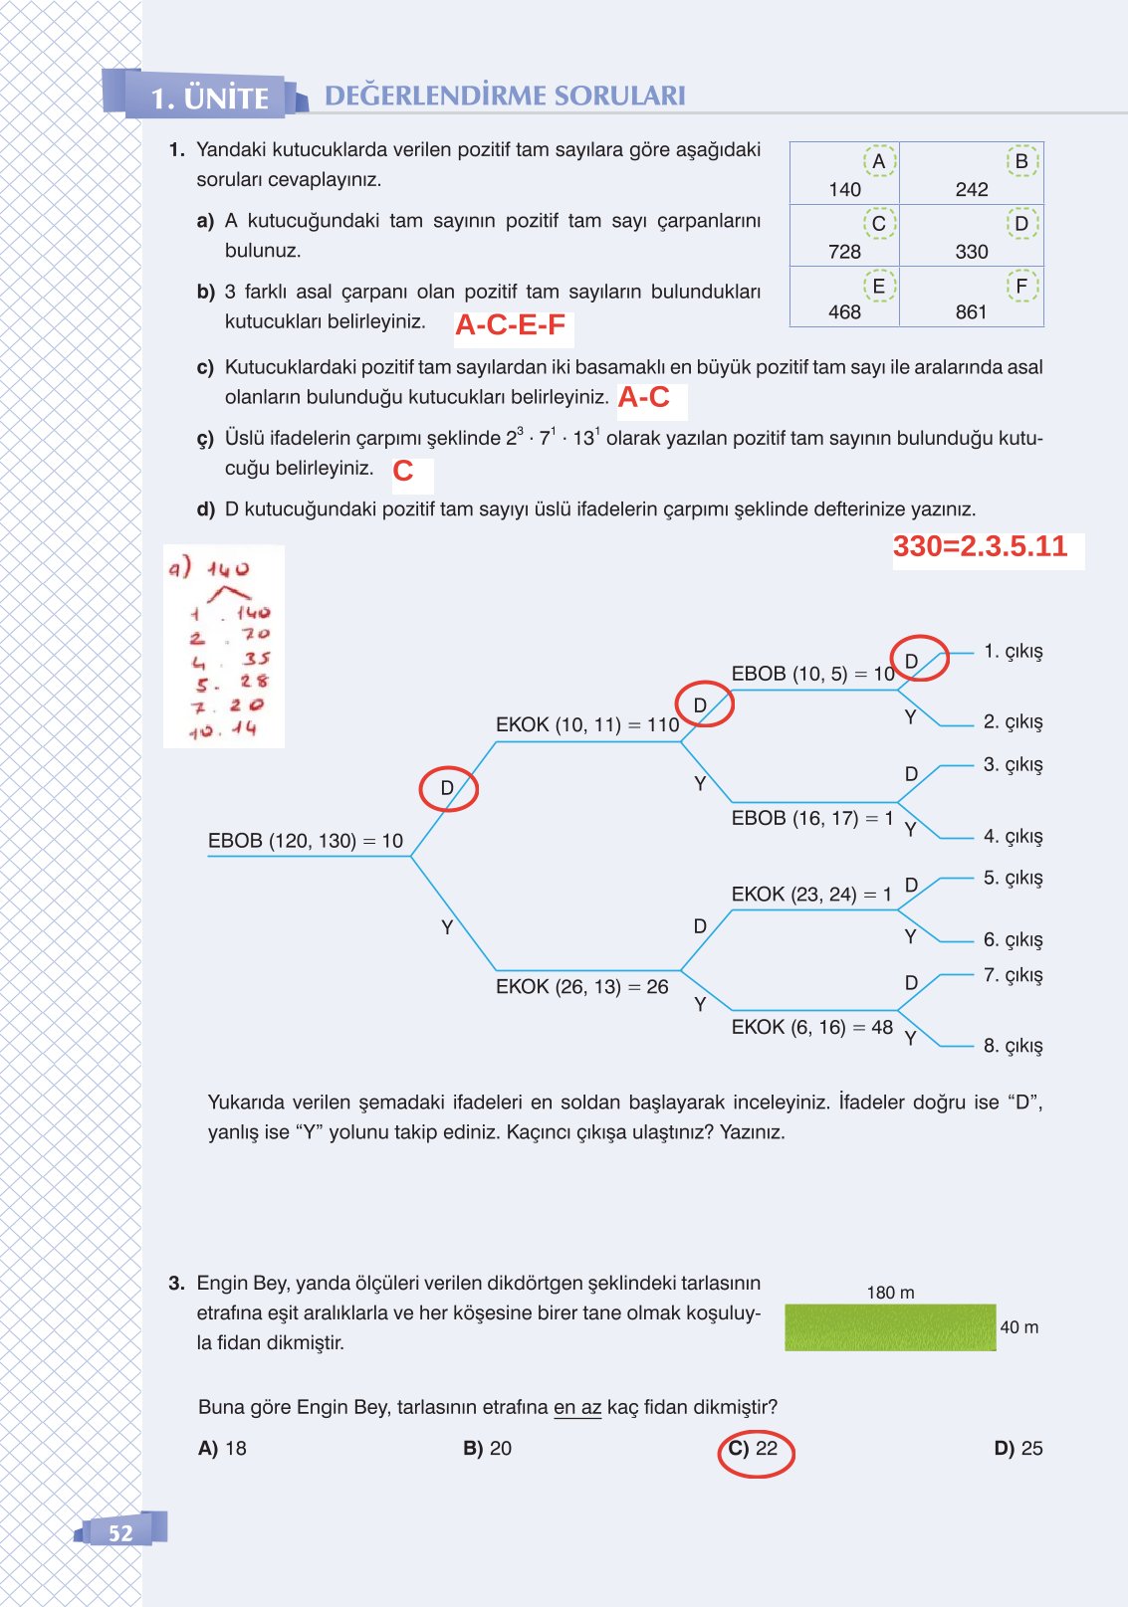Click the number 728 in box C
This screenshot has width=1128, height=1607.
click(x=844, y=252)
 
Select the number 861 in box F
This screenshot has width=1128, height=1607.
click(x=971, y=312)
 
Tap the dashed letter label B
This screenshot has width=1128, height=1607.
click(x=1020, y=161)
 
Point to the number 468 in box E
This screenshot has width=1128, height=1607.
click(x=844, y=312)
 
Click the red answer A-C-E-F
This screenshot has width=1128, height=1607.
click(x=510, y=325)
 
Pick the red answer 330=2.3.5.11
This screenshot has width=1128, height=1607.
click(x=980, y=546)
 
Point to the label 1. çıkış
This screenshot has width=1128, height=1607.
click(x=1013, y=651)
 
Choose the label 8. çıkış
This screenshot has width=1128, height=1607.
click(x=1013, y=1045)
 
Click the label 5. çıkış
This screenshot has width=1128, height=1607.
click(x=1013, y=878)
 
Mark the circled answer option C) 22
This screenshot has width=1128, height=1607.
click(x=754, y=1449)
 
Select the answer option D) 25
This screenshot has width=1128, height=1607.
click(x=1017, y=1449)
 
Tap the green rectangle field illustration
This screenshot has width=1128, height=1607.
click(x=890, y=1327)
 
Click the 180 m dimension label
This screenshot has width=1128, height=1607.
click(x=890, y=1293)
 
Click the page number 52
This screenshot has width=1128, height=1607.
click(x=120, y=1533)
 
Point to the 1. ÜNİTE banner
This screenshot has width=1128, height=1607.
click(x=209, y=98)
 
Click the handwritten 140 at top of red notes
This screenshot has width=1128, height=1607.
click(x=228, y=569)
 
